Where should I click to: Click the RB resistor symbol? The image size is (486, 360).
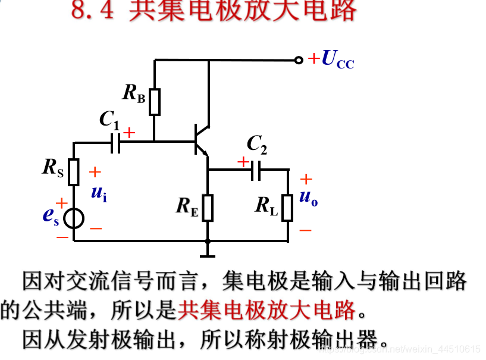click(155, 102)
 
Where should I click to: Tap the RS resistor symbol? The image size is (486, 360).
click(74, 172)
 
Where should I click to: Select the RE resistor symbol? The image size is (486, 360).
click(208, 207)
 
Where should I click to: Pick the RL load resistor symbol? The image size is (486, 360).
click(288, 207)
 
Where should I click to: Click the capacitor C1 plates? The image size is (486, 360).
click(115, 143)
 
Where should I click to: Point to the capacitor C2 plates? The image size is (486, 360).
click(256, 170)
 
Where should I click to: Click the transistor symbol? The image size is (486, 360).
click(200, 140)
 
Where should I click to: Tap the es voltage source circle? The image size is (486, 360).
click(74, 218)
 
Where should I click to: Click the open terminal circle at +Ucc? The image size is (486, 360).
click(299, 60)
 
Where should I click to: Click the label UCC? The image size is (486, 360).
click(337, 60)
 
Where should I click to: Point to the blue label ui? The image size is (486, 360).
click(99, 193)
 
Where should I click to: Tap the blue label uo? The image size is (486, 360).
click(308, 198)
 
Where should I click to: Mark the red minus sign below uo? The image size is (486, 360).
click(305, 230)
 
